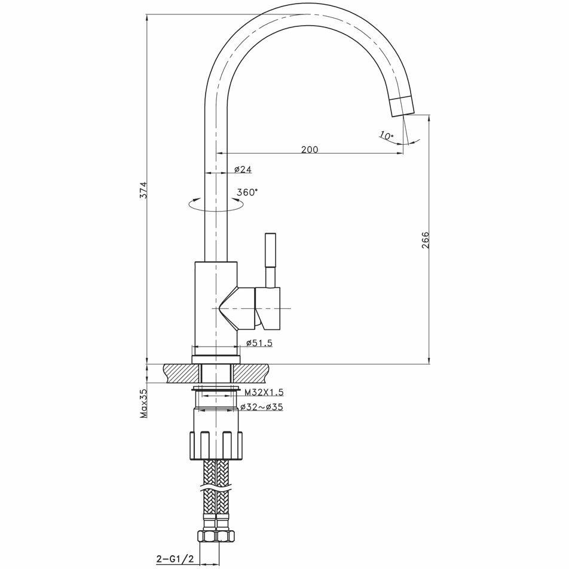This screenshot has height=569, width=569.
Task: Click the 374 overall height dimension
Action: coord(143,190)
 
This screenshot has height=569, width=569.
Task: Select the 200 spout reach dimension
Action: coord(310,149)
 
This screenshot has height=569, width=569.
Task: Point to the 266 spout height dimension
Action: coord(426,240)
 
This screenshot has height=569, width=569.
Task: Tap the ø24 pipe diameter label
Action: coord(243,170)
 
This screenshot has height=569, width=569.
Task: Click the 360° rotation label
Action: coord(247,192)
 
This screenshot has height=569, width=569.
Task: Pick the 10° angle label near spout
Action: coord(387,136)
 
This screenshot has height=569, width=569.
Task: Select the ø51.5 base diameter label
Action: coord(259,343)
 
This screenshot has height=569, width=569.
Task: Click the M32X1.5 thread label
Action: coord(264,392)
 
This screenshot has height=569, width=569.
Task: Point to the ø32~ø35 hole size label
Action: coord(261,407)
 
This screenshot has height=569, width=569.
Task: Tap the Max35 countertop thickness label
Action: coord(143,403)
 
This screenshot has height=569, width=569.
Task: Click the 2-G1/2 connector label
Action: coord(175,559)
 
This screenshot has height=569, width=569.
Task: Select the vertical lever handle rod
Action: coord(271,260)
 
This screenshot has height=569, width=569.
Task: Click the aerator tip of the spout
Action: coord(402,106)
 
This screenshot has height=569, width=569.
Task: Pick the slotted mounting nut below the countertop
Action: coord(216,446)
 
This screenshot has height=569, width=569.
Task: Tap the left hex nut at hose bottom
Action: coord(207,537)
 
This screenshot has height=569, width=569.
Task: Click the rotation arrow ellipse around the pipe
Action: coord(216,205)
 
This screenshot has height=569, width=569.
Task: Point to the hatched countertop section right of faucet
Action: coord(250,374)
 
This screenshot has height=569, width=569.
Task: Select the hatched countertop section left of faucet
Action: coord(182,374)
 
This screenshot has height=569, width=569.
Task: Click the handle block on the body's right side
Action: coord(268,308)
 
